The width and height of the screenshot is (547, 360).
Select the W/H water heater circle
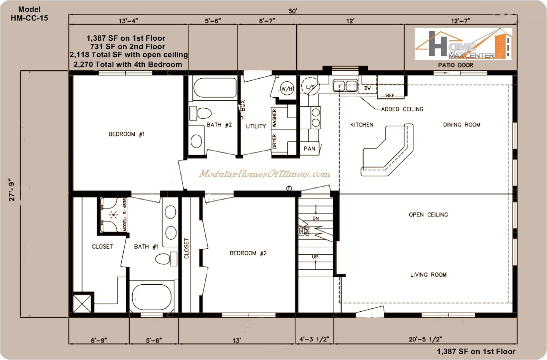tap(287, 89)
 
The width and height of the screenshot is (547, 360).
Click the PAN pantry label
tap(309, 149)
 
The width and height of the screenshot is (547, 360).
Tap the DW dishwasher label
tap(367, 88)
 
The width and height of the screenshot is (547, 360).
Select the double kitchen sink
tap(345, 86)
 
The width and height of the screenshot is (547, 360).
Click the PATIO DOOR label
tap(455, 65)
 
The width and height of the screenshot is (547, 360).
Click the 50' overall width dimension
tap(293, 11)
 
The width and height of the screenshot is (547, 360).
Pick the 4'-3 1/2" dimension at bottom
tap(315, 339)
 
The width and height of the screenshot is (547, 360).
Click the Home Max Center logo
tap(463, 44)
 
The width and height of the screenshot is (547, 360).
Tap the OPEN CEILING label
tap(428, 215)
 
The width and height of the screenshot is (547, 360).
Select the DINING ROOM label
tap(461, 125)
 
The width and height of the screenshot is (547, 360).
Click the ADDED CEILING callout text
tap(402, 109)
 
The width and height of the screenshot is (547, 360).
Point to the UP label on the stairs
tap(315, 257)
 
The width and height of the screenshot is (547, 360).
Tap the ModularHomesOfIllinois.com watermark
tap(264, 174)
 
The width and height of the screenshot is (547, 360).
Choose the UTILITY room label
tap(256, 126)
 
